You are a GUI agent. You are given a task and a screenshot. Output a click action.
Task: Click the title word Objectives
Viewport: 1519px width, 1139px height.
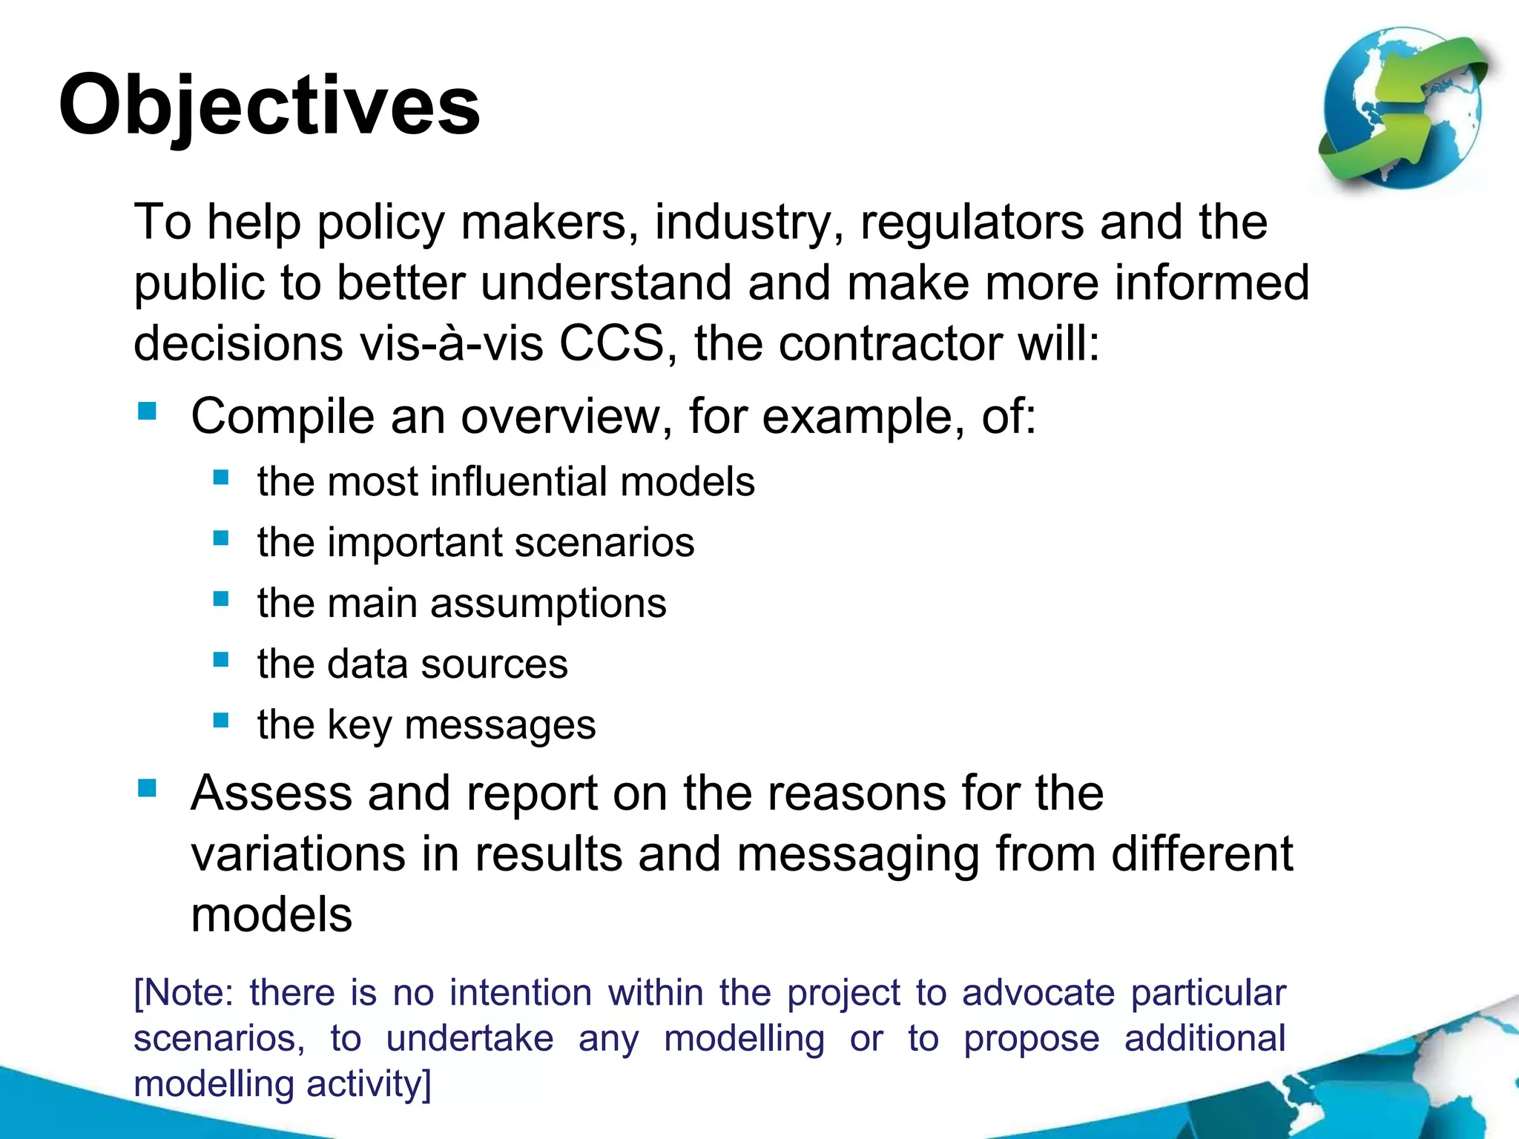click(x=269, y=105)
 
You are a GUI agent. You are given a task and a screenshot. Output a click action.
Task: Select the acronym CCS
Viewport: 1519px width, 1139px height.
click(x=611, y=343)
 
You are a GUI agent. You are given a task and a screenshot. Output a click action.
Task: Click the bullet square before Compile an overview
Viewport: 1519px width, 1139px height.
click(x=147, y=411)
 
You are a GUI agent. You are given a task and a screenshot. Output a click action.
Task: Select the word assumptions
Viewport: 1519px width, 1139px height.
click(x=548, y=603)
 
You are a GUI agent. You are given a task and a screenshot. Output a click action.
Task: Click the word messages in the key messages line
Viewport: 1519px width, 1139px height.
click(x=500, y=724)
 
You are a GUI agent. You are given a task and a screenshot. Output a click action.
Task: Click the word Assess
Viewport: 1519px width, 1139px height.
click(x=271, y=793)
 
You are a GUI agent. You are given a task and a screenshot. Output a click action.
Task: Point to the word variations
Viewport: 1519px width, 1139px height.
click(x=298, y=854)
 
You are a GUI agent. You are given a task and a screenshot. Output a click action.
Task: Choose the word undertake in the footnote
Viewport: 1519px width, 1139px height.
click(x=469, y=1038)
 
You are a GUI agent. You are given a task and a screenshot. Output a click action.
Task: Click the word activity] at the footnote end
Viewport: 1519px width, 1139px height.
click(x=369, y=1084)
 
